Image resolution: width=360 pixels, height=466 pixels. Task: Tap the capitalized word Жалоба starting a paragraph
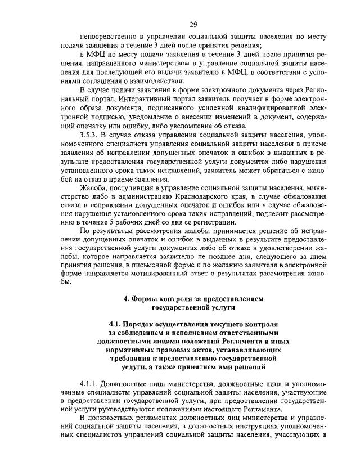(x=94, y=186)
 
